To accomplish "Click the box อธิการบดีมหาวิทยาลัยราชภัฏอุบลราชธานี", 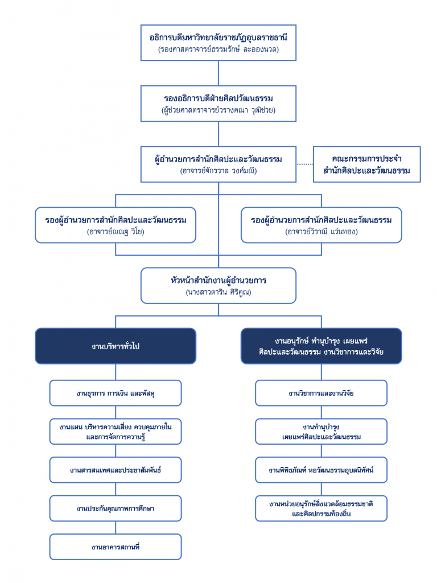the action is (x=218, y=43).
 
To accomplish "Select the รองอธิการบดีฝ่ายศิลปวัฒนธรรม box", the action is (x=218, y=104).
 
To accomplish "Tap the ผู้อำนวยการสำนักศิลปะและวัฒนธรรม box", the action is (x=218, y=164).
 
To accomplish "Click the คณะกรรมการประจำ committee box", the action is (x=367, y=164).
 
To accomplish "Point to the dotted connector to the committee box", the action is (x=305, y=164).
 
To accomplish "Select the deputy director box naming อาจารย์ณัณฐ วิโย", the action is (x=116, y=225).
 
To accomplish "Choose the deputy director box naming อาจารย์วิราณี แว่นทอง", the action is (x=321, y=225).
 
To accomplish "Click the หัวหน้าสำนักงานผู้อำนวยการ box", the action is (x=218, y=286).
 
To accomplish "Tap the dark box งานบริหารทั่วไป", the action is (x=116, y=346).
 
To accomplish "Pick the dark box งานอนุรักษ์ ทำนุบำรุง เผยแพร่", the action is (x=321, y=346).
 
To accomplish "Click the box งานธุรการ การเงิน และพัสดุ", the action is (x=116, y=393).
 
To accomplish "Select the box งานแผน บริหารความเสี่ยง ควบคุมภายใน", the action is (x=116, y=432).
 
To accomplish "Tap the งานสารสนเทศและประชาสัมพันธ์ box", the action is (x=116, y=470).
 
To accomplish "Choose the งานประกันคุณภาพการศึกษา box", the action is (x=116, y=508).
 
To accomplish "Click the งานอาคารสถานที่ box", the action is (x=116, y=547).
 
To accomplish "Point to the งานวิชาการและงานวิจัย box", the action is (x=321, y=393).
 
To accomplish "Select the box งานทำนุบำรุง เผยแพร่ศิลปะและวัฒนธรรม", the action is (x=321, y=432).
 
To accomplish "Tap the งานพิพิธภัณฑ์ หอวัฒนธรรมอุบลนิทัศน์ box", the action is (x=321, y=470).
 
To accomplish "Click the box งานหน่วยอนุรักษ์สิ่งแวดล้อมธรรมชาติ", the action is (x=321, y=508).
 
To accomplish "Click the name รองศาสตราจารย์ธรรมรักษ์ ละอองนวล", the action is (x=218, y=49).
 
